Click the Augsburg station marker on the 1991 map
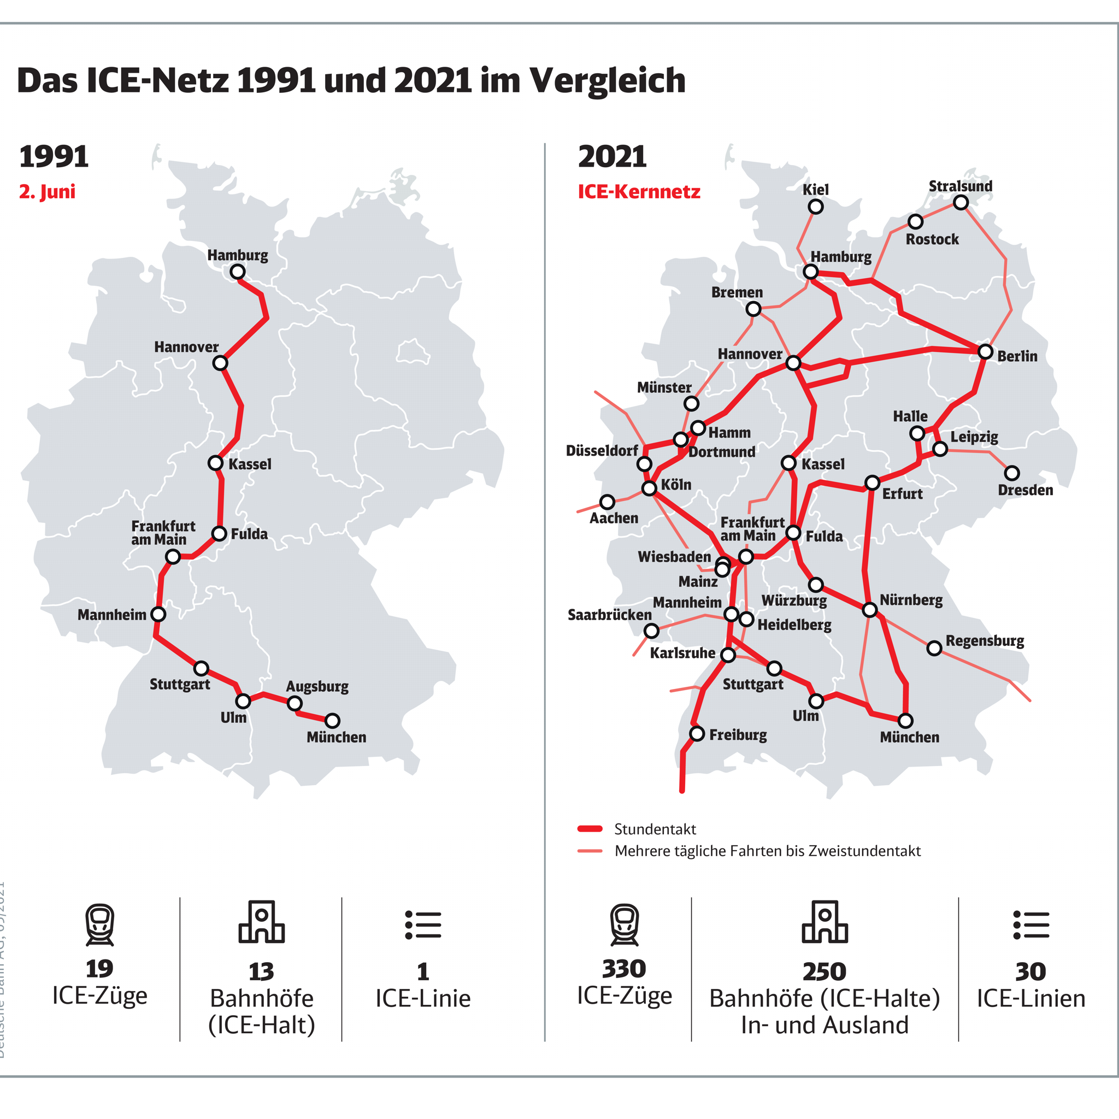point(295,704)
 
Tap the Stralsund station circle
point(961,203)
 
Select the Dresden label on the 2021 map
point(1025,490)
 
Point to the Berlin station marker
point(985,351)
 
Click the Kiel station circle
point(816,207)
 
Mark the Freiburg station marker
point(697,734)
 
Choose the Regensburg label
point(985,640)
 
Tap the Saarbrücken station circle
point(652,631)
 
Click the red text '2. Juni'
point(48,192)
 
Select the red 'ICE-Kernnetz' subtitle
point(639,192)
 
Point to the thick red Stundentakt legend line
point(590,829)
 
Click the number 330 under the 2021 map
point(624,968)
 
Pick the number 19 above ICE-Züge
point(99,968)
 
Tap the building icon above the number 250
point(824,922)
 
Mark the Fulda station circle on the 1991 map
point(219,533)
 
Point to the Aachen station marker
point(607,502)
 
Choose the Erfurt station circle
point(872,482)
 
